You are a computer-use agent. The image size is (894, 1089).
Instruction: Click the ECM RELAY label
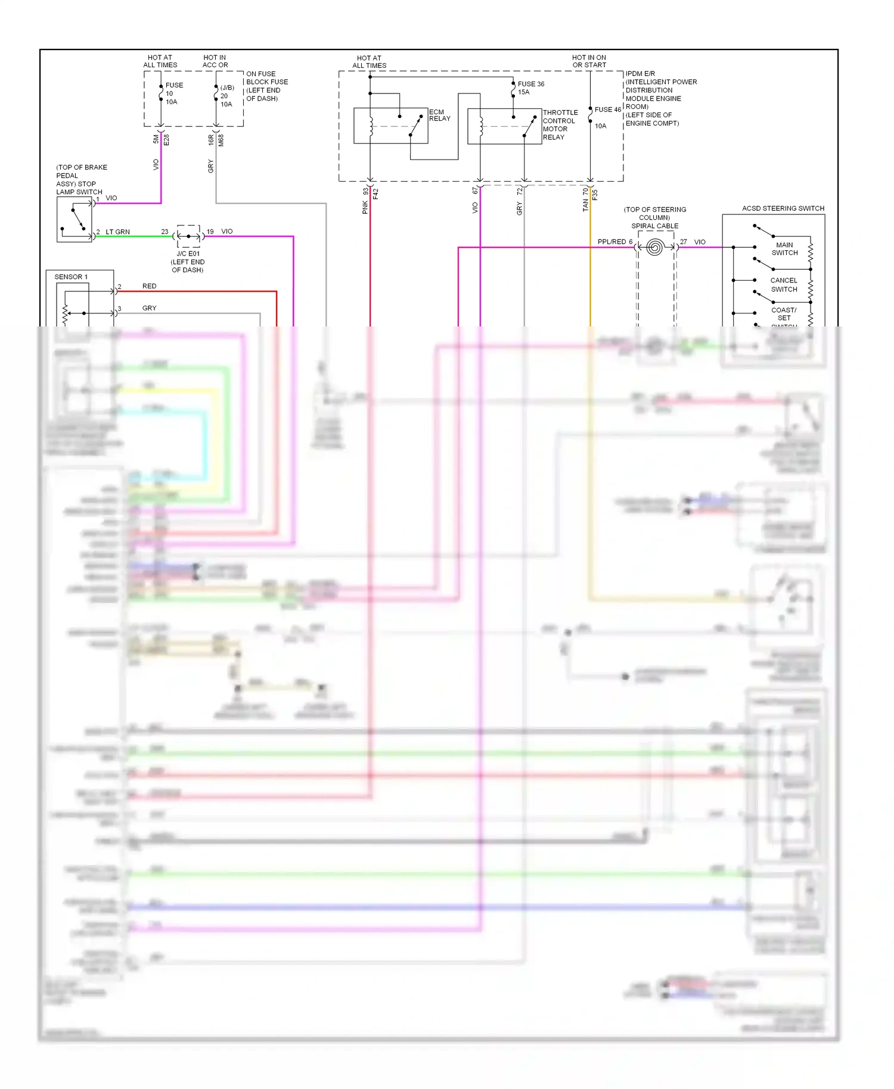439,115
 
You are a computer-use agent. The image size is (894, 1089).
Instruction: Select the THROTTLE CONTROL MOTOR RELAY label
560,125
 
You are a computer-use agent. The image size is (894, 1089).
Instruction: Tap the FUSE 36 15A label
530,88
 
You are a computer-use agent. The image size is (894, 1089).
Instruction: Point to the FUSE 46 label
607,110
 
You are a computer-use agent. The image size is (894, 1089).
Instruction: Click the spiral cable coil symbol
654,247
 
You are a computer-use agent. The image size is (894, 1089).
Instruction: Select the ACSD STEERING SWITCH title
783,209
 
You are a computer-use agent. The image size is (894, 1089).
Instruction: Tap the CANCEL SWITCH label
784,285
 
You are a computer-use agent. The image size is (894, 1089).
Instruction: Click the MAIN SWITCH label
784,249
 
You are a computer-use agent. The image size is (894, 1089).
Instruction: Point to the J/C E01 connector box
189,236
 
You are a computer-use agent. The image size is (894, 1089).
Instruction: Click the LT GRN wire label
117,232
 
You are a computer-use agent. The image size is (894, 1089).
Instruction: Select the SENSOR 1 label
71,277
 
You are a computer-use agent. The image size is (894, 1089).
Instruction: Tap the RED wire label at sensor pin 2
149,286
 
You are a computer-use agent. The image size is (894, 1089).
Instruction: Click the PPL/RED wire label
611,242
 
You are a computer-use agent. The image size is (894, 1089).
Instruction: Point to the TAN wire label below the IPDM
585,205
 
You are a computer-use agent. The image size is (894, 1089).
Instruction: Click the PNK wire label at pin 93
365,207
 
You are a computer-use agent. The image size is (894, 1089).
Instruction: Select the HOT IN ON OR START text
589,61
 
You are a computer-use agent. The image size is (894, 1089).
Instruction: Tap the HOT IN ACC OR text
215,61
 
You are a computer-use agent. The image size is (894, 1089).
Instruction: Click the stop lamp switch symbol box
74,219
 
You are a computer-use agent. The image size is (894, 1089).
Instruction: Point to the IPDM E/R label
640,74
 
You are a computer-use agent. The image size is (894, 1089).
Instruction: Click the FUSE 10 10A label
173,94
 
